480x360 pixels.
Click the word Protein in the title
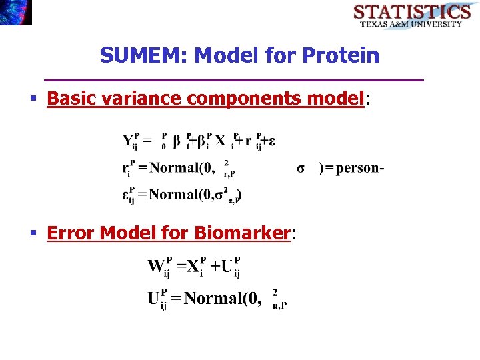point(340,55)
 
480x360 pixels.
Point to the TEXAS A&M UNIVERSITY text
point(411,24)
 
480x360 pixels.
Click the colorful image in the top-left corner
point(15,12)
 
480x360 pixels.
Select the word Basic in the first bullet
point(67,99)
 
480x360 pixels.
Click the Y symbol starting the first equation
point(128,141)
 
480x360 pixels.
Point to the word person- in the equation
point(359,167)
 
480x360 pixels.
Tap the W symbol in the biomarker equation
point(156,267)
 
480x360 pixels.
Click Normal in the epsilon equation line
point(180,195)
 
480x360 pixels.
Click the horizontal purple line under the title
point(233,80)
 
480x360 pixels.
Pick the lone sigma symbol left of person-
point(301,167)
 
